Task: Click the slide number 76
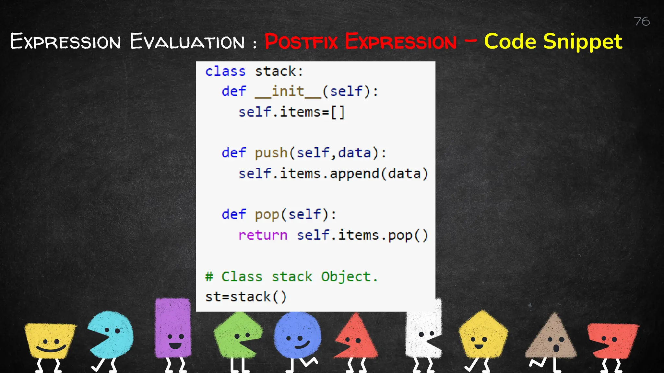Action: pyautogui.click(x=642, y=21)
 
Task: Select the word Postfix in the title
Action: pyautogui.click(x=301, y=42)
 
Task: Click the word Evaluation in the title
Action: pyautogui.click(x=187, y=42)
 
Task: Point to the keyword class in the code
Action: pyautogui.click(x=225, y=71)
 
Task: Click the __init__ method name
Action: pyautogui.click(x=288, y=92)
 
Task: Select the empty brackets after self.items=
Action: pyautogui.click(x=338, y=112)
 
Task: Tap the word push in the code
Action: pyautogui.click(x=271, y=153)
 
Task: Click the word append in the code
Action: pyautogui.click(x=354, y=174)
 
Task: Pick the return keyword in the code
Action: pyautogui.click(x=263, y=235)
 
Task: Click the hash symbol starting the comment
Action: pyautogui.click(x=209, y=277)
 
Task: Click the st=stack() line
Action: pyautogui.click(x=246, y=297)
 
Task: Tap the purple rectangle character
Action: pyautogui.click(x=173, y=327)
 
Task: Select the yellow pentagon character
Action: pyautogui.click(x=483, y=335)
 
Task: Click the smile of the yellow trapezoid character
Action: pyautogui.click(x=51, y=349)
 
